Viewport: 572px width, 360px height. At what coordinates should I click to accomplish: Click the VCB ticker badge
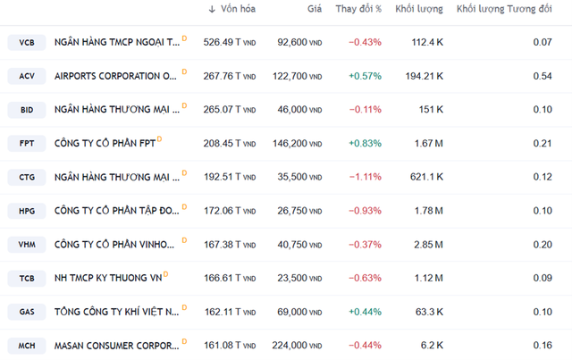(x=26, y=42)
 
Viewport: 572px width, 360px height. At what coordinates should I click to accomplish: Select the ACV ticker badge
(x=26, y=76)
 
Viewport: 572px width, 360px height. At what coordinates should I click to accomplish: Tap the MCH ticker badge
(x=26, y=345)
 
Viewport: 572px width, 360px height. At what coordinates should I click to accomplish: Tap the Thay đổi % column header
(x=358, y=9)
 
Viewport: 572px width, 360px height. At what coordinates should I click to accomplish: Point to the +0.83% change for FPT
(x=365, y=143)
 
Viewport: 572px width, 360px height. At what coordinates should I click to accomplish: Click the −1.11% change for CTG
(x=365, y=177)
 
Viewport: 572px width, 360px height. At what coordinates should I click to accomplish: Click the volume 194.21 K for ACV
(x=425, y=76)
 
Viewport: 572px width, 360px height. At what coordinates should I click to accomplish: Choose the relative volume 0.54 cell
(x=542, y=76)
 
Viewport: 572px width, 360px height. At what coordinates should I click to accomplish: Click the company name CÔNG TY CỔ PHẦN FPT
(x=104, y=143)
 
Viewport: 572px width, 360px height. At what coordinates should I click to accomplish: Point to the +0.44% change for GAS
(x=365, y=311)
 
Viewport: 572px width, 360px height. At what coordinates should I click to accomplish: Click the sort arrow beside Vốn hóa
(x=212, y=9)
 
